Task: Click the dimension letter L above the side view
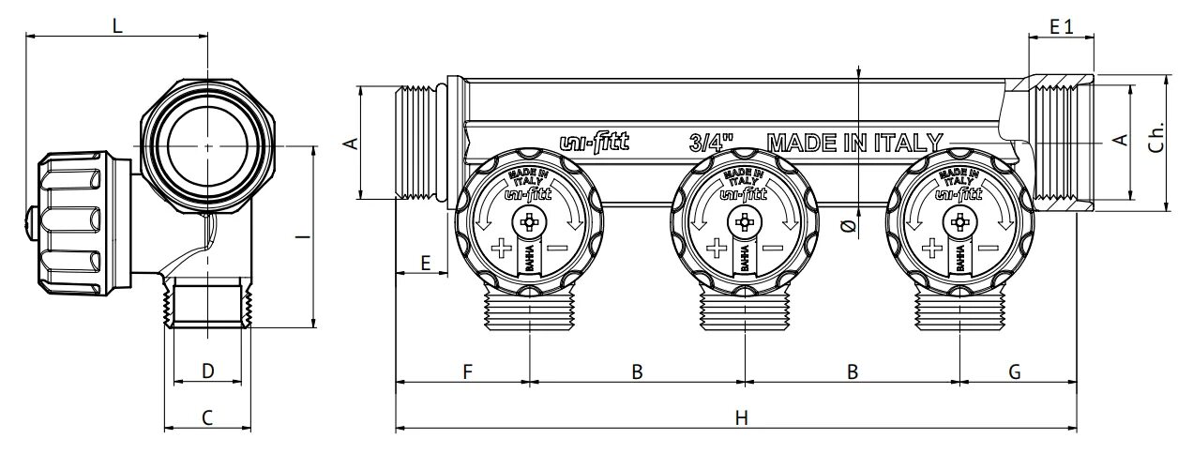click(117, 26)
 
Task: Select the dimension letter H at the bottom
click(741, 417)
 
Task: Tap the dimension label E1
click(1061, 27)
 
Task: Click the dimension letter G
click(1014, 371)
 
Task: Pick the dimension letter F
click(466, 371)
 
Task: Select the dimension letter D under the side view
click(208, 371)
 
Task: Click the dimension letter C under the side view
click(207, 417)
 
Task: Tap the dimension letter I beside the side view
click(297, 236)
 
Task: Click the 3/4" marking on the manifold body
click(710, 144)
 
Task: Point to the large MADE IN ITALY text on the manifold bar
click(854, 144)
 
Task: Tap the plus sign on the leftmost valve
click(502, 249)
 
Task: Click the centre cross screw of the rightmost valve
click(959, 223)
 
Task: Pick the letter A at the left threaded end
click(351, 143)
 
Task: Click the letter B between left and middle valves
click(636, 371)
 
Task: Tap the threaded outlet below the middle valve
click(745, 310)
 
